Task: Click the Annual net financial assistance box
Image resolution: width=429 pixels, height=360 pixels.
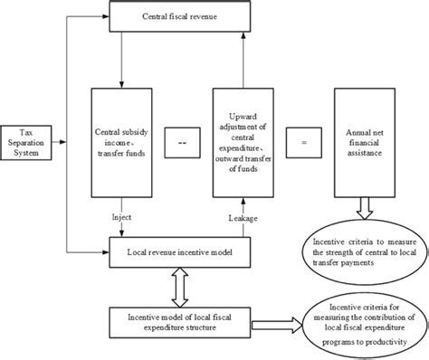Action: (x=365, y=142)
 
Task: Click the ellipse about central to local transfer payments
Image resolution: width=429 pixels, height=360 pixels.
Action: (x=361, y=251)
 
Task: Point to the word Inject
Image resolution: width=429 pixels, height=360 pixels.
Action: (x=124, y=217)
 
